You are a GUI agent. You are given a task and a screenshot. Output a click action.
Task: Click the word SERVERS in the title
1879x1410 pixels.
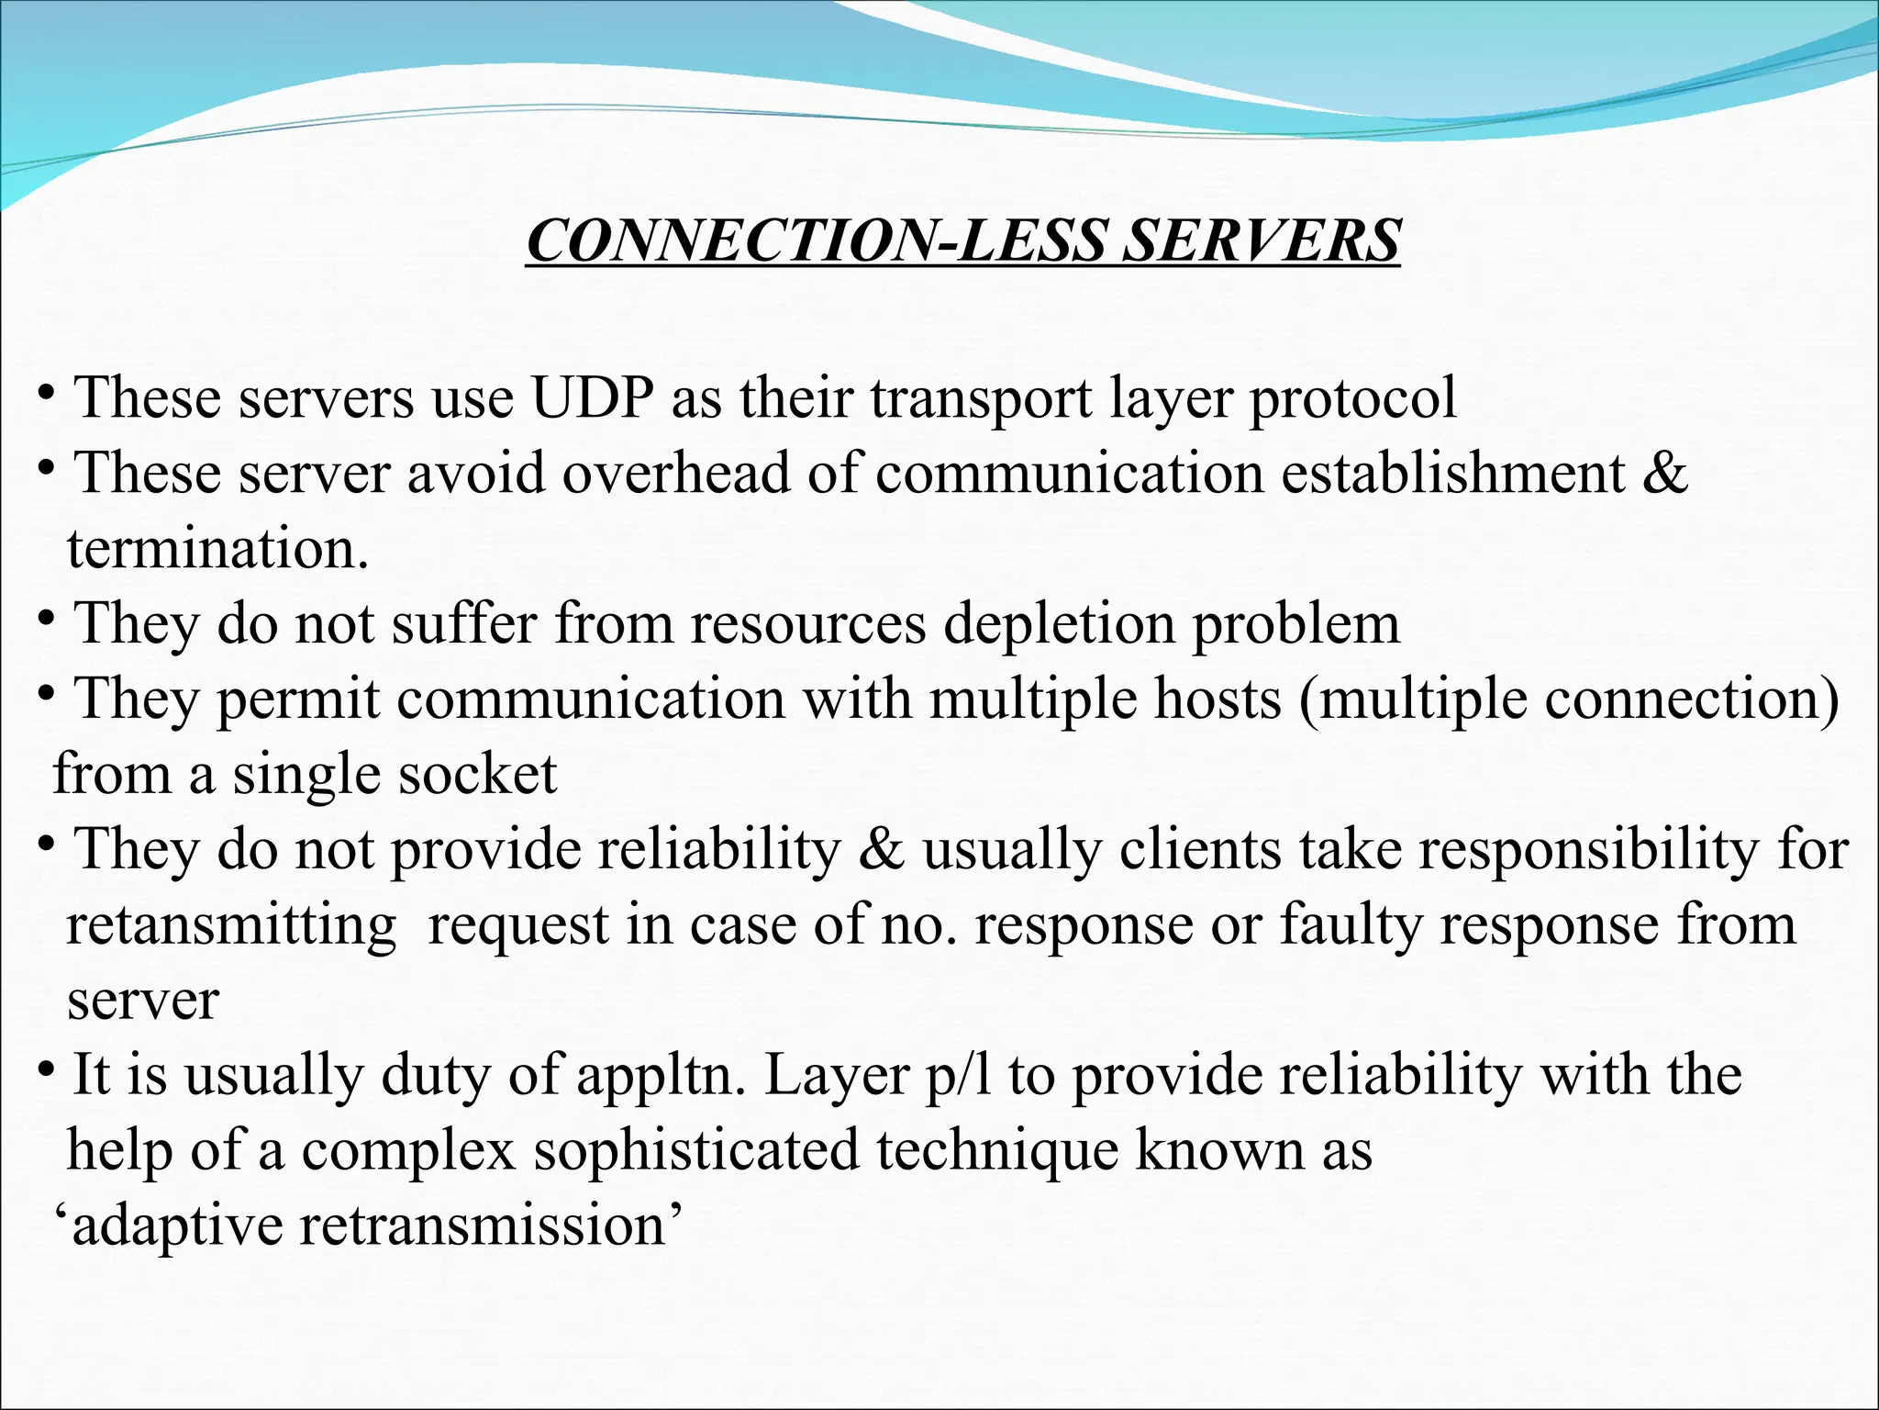1262,241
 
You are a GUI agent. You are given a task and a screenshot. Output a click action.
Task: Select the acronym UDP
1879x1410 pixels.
593,398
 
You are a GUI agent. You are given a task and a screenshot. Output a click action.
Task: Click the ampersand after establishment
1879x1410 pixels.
1664,474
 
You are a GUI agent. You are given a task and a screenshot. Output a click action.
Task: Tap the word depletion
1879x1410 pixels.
1060,624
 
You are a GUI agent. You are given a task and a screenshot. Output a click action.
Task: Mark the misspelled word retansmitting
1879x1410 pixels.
231,925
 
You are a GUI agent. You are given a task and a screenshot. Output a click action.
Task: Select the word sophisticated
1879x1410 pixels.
697,1151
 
